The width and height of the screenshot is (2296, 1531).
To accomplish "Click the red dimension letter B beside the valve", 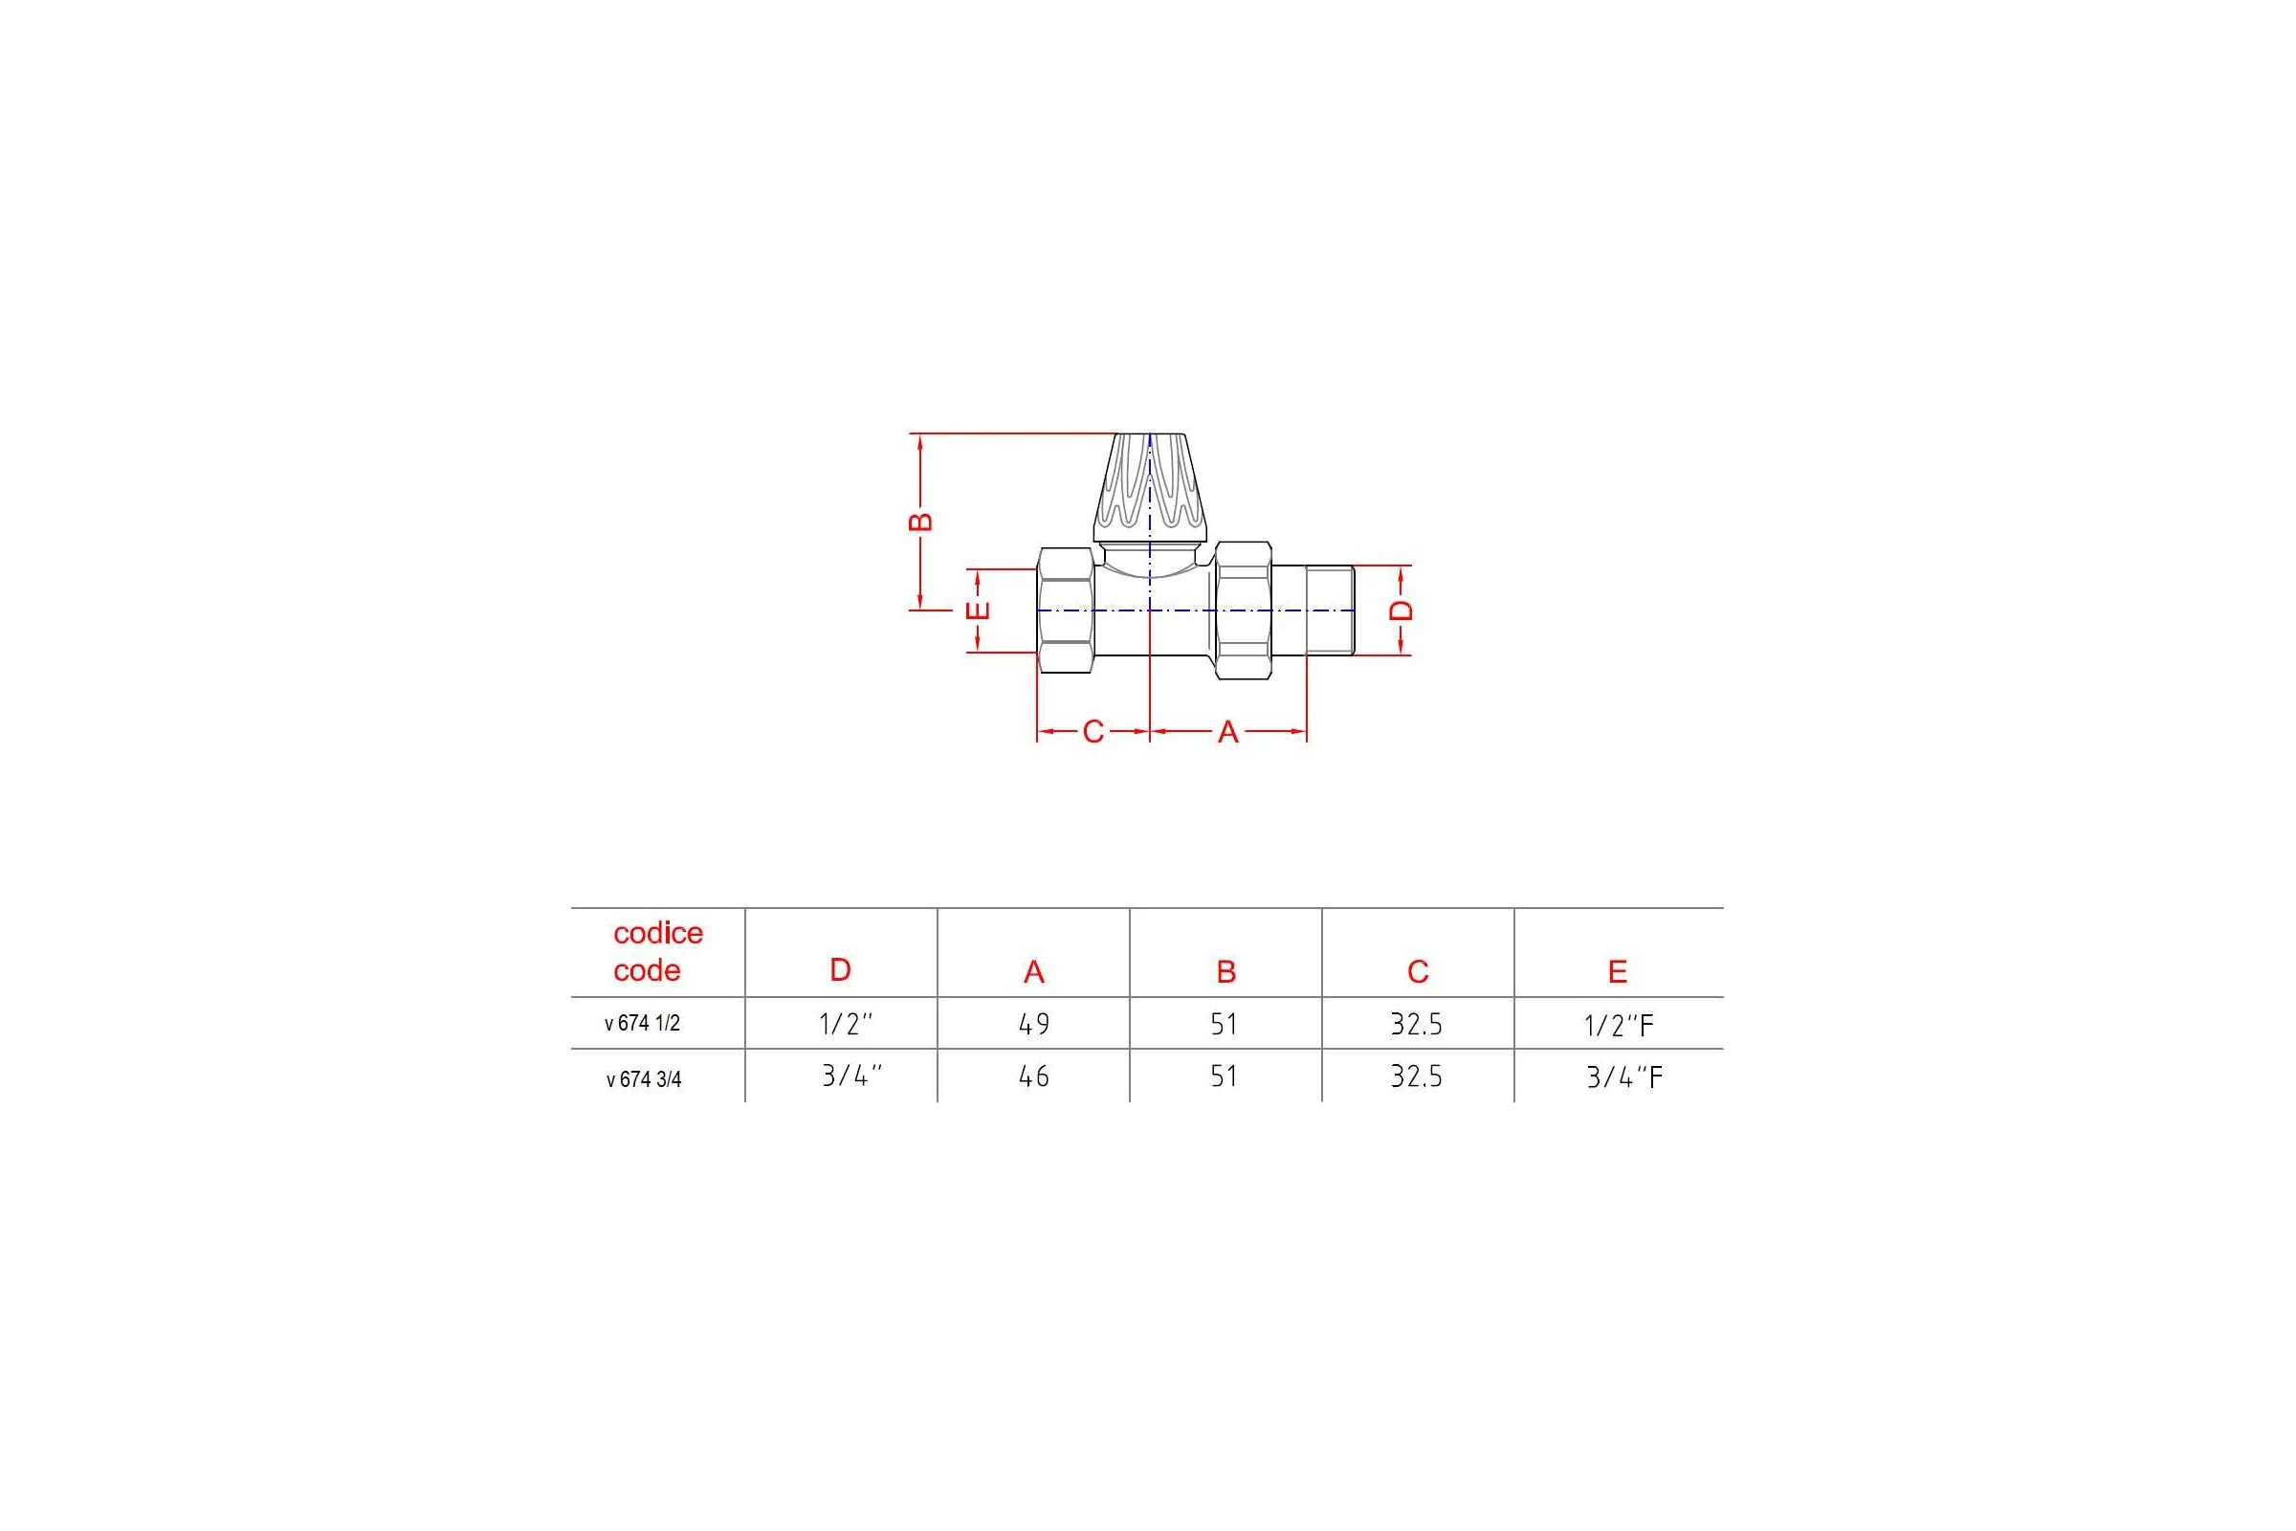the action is [920, 521].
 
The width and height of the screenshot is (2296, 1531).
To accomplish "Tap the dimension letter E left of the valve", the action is [978, 610].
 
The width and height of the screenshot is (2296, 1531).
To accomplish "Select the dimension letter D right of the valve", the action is [1401, 610].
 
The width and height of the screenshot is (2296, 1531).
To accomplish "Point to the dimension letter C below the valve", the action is [1093, 731].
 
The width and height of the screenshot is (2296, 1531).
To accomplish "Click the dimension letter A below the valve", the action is [1228, 731].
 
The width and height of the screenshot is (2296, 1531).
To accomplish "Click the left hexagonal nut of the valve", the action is [1065, 610].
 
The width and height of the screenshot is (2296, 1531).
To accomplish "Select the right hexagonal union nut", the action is [1244, 610].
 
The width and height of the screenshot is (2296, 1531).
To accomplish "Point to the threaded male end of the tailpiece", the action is [1330, 610].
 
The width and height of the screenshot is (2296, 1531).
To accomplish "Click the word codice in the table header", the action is [658, 934].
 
